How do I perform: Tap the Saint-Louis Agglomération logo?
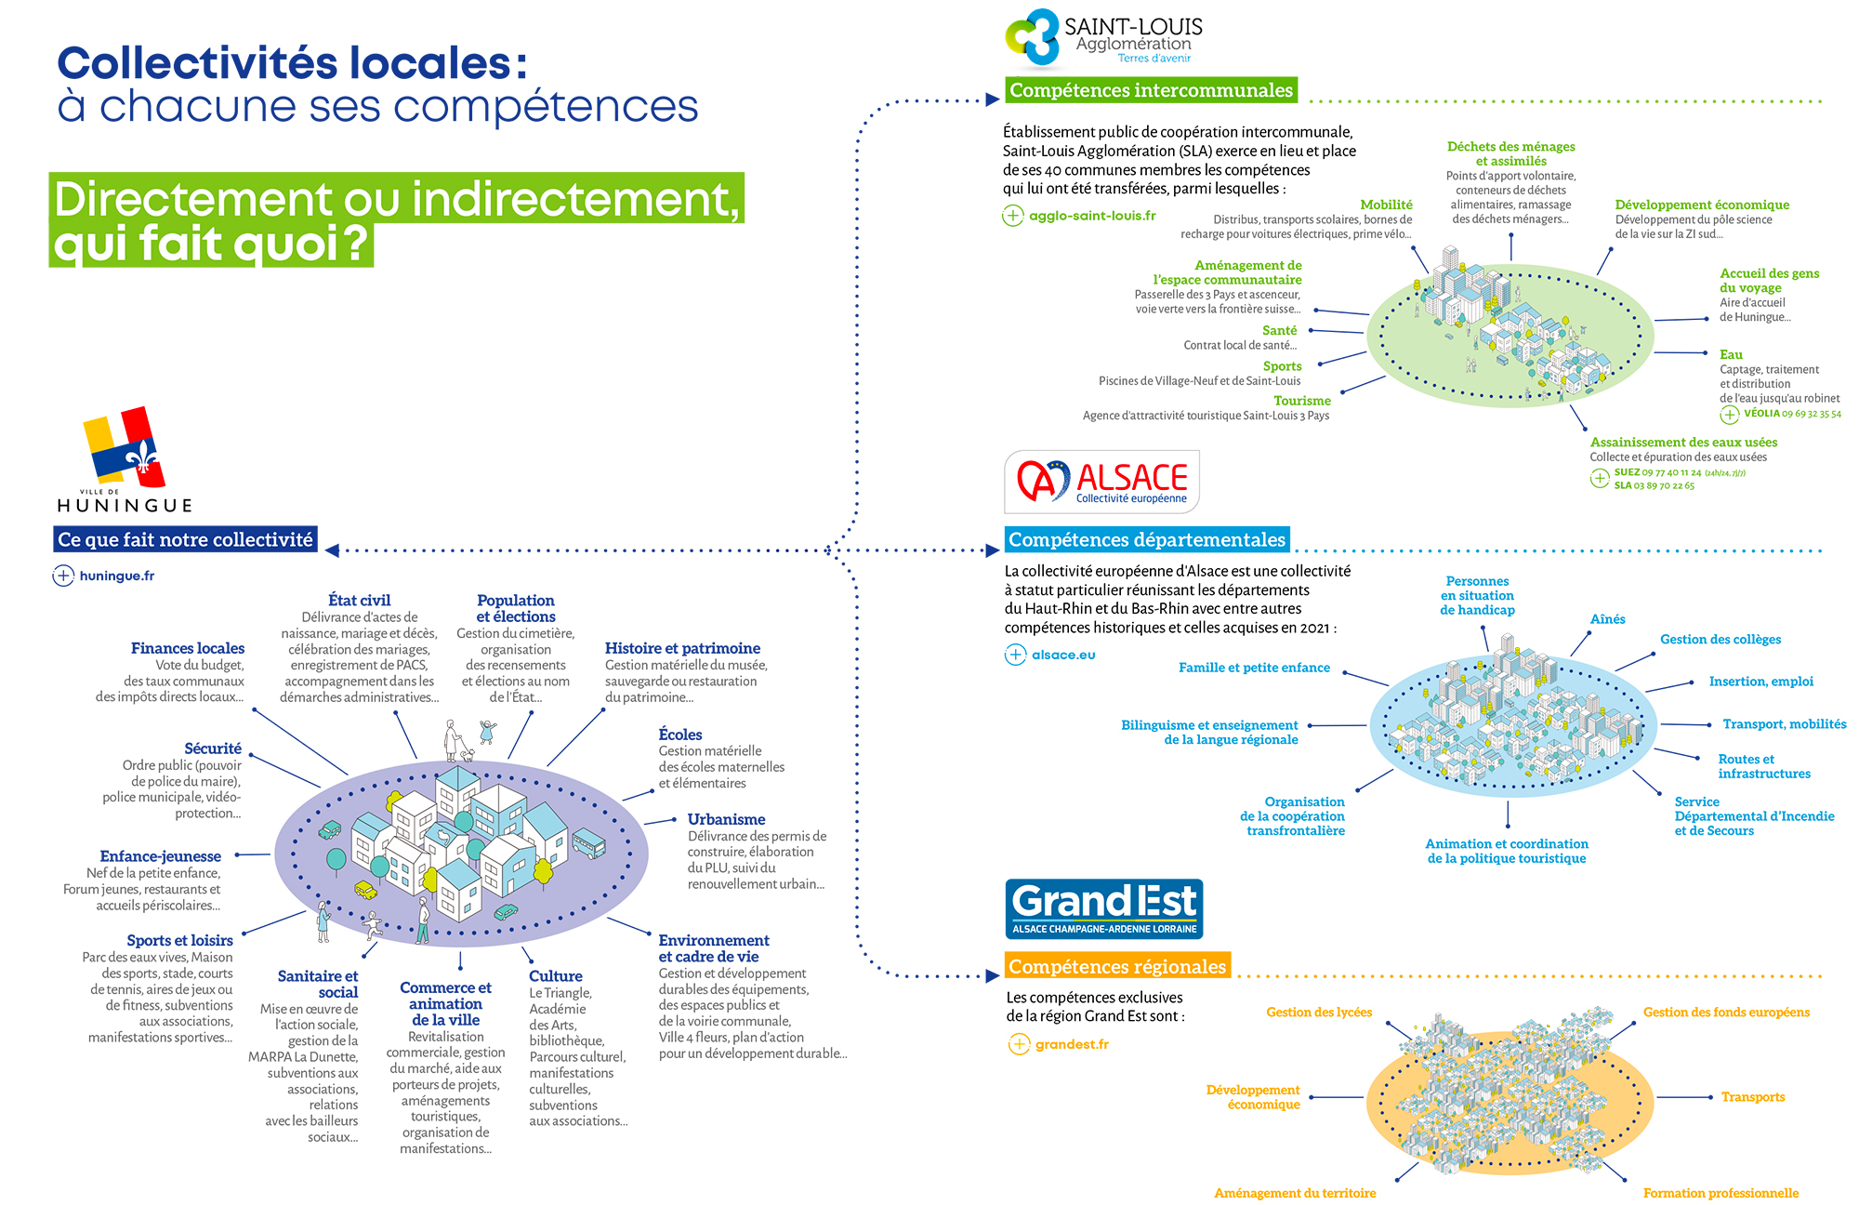pos(1104,38)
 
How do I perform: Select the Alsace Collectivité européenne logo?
pos(1102,482)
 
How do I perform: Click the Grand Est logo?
pos(1104,908)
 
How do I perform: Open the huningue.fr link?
pos(116,576)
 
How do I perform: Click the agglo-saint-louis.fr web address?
pos(1092,216)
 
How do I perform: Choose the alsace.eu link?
pos(1063,655)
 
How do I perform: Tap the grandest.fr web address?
pos(1072,1044)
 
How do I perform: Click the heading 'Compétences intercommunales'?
pos(1151,90)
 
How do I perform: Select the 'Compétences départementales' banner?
pos(1147,539)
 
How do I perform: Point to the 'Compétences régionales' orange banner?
pos(1117,967)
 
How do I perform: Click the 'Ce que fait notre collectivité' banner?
pos(185,539)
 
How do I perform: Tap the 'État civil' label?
pos(359,601)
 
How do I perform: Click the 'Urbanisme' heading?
pos(726,819)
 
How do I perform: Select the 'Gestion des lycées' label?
pos(1318,1013)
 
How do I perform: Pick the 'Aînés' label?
pos(1607,619)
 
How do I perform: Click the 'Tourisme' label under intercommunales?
pos(1301,401)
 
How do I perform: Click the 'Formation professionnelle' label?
pos(1721,1193)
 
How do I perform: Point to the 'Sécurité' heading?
pos(212,748)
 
